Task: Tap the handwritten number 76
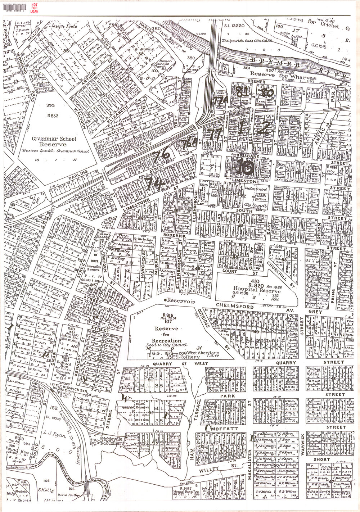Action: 161,155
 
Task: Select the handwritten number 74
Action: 154,183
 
